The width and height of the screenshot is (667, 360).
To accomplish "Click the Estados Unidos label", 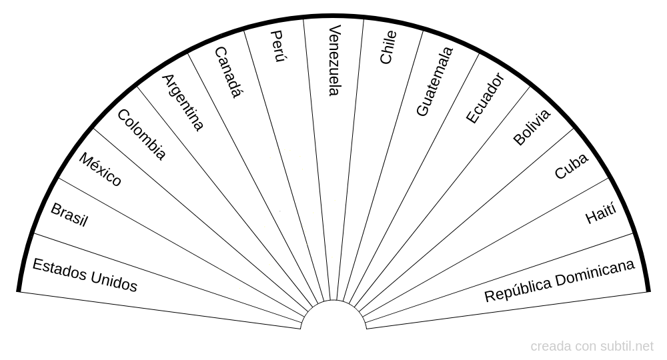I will tap(85, 275).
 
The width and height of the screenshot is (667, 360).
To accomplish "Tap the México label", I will tap(100, 169).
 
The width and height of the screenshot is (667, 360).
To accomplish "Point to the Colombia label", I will tap(141, 135).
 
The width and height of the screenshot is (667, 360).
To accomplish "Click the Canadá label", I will tap(227, 72).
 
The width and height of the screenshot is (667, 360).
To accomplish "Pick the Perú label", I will tap(278, 47).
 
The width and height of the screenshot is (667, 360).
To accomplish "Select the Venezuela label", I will tap(335, 60).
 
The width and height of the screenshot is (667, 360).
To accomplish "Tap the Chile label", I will tap(388, 47).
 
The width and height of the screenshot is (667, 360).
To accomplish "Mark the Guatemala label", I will tap(434, 81).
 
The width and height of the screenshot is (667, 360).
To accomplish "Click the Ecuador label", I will tap(484, 98).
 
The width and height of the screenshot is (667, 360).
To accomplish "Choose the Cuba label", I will tap(572, 166).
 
